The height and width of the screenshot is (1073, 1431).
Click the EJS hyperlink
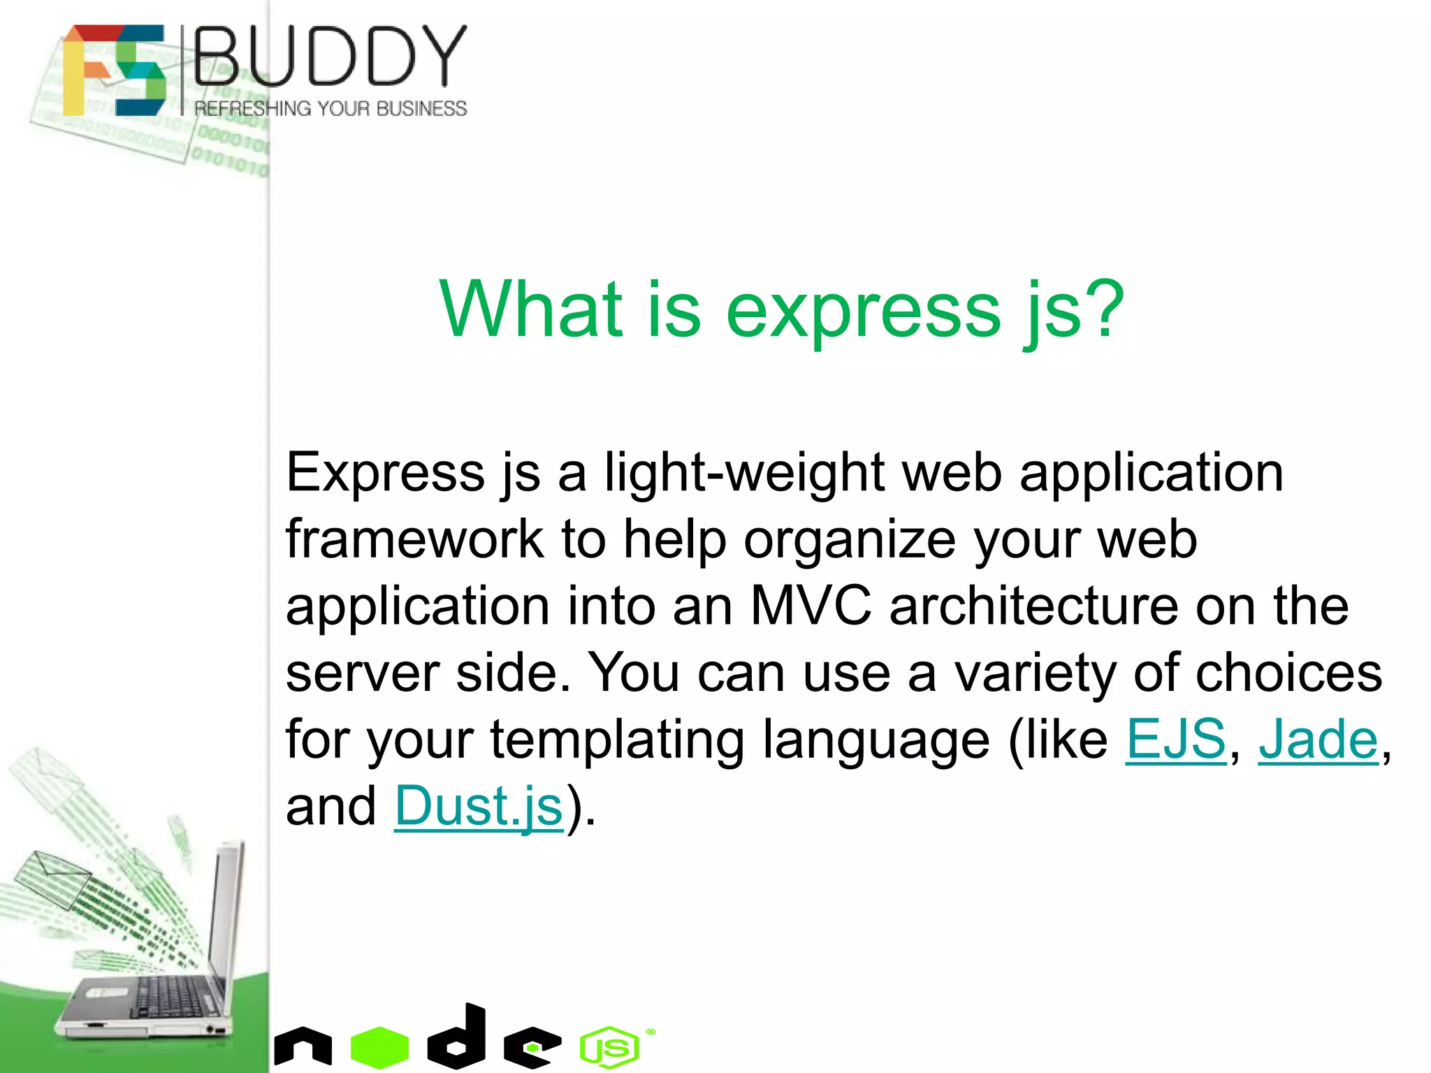[x=1175, y=739]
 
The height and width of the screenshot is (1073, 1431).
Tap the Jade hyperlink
[x=1318, y=739]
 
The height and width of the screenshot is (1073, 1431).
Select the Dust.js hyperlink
[x=479, y=806]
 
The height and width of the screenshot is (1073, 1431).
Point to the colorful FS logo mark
[x=114, y=70]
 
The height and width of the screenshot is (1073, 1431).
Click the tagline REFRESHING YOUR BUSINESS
[x=330, y=109]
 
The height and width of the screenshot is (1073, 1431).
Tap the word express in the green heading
[x=864, y=309]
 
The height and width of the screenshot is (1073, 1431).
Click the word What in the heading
[x=530, y=309]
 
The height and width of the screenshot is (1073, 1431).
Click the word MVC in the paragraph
[x=811, y=605]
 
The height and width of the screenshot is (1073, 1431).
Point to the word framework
[x=414, y=539]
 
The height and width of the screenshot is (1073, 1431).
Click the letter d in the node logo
[x=458, y=1037]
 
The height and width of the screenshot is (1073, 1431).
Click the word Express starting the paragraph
[x=385, y=473]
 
